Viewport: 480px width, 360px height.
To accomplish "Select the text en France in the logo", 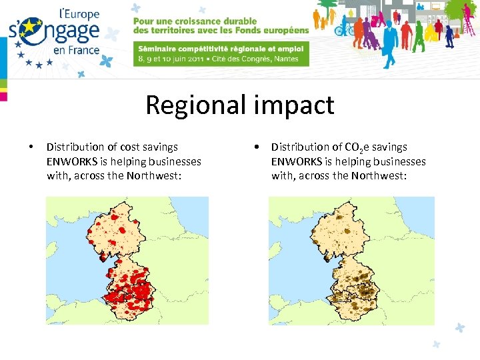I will point(76,49).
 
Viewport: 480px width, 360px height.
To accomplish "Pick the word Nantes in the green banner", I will point(289,58).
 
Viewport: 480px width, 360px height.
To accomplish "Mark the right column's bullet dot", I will point(256,147).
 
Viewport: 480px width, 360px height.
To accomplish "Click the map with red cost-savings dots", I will point(127,260).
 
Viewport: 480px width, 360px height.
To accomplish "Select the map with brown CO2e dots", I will point(351,260).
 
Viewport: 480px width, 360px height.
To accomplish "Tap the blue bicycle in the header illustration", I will point(344,29).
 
